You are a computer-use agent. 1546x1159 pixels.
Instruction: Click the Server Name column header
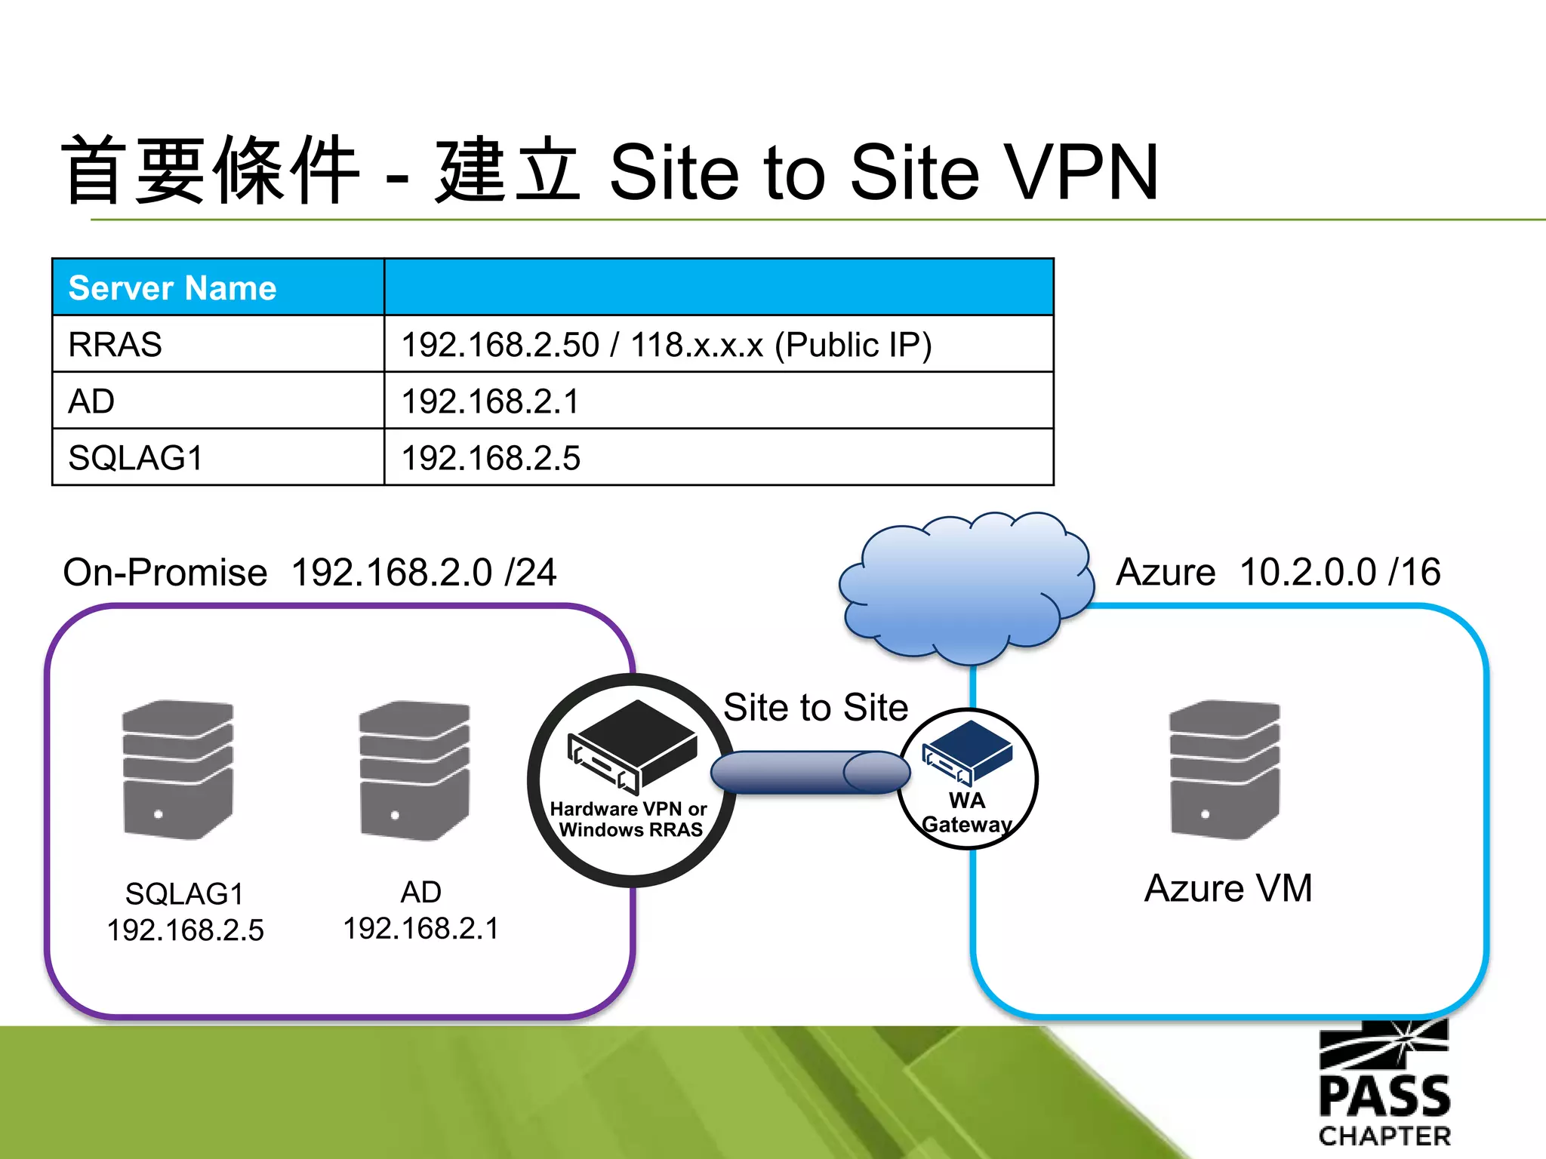click(172, 288)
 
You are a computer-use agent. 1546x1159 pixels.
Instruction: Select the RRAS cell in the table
click(115, 345)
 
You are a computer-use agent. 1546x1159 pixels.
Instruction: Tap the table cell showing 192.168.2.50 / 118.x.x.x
click(666, 345)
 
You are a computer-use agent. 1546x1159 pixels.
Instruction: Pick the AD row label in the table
click(91, 401)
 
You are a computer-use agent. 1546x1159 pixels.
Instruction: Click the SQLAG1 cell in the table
click(136, 458)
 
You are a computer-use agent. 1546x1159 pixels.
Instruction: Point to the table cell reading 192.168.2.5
click(491, 458)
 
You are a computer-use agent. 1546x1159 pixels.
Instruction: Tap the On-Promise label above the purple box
click(165, 572)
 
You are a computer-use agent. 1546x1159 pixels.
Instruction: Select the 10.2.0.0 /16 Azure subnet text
click(1340, 572)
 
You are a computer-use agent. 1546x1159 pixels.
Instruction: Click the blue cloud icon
click(965, 589)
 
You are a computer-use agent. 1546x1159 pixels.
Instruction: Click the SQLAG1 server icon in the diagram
click(178, 770)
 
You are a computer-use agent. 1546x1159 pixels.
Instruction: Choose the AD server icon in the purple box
click(414, 770)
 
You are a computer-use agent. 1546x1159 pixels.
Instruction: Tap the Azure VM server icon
click(1224, 770)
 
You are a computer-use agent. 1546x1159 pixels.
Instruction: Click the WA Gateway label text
click(967, 813)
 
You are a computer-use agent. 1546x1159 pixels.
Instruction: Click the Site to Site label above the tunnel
click(815, 708)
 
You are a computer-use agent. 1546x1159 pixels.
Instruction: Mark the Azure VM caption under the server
click(1228, 888)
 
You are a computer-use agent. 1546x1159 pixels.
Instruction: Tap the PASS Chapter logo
click(1384, 1087)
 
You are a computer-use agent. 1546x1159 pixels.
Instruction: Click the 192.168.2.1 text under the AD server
click(421, 929)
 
